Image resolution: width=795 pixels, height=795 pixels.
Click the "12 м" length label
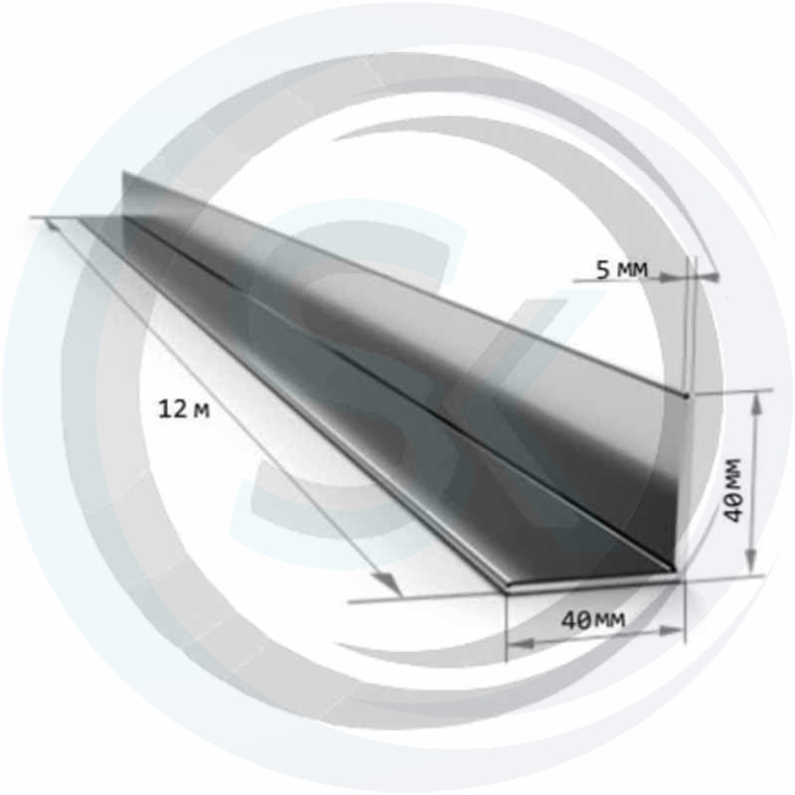click(x=184, y=409)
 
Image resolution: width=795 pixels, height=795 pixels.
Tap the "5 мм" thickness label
click(x=622, y=270)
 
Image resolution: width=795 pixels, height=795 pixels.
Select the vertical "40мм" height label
click(x=733, y=490)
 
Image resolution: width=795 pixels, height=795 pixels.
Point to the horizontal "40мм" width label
click(x=593, y=619)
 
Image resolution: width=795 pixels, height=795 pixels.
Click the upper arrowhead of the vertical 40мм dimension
click(x=757, y=402)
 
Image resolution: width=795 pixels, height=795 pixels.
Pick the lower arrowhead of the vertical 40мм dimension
click(x=752, y=561)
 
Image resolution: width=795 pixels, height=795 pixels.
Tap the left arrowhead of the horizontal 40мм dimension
click(x=521, y=643)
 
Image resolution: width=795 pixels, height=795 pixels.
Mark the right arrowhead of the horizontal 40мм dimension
click(x=669, y=632)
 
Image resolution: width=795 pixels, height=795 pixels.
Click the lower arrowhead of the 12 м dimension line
click(x=390, y=583)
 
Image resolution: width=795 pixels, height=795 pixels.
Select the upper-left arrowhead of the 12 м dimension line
click(x=53, y=227)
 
